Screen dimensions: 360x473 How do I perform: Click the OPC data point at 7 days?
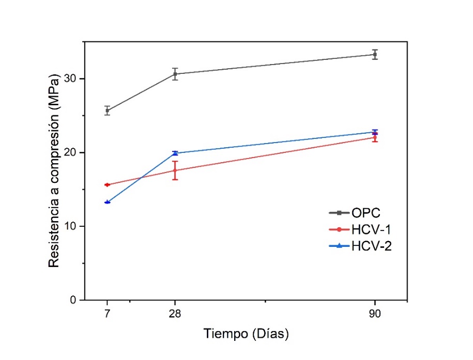point(107,110)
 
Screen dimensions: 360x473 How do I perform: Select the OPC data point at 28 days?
point(175,74)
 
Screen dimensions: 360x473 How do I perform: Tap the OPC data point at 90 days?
point(375,54)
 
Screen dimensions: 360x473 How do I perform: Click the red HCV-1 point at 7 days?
point(107,184)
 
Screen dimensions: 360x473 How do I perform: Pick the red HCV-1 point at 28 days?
point(175,170)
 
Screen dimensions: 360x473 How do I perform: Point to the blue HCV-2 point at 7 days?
point(107,202)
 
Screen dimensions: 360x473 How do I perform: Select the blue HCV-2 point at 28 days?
point(175,153)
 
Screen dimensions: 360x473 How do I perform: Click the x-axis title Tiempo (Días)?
point(246,334)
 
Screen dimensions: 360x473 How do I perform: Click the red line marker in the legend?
point(339,229)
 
